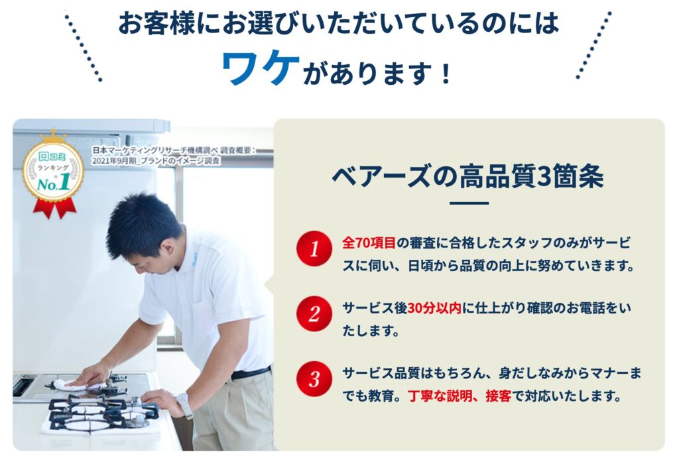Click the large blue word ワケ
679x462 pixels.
261,67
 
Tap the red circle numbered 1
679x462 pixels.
314,249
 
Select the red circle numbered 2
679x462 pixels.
314,314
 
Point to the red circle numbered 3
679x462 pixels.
314,379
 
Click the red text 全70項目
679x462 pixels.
369,243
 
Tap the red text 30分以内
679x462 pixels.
434,308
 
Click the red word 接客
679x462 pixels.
499,396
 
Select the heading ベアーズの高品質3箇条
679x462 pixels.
468,176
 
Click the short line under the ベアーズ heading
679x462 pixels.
469,203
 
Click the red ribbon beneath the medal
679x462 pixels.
55,208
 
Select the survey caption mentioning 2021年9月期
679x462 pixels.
174,156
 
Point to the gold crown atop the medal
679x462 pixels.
53,135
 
